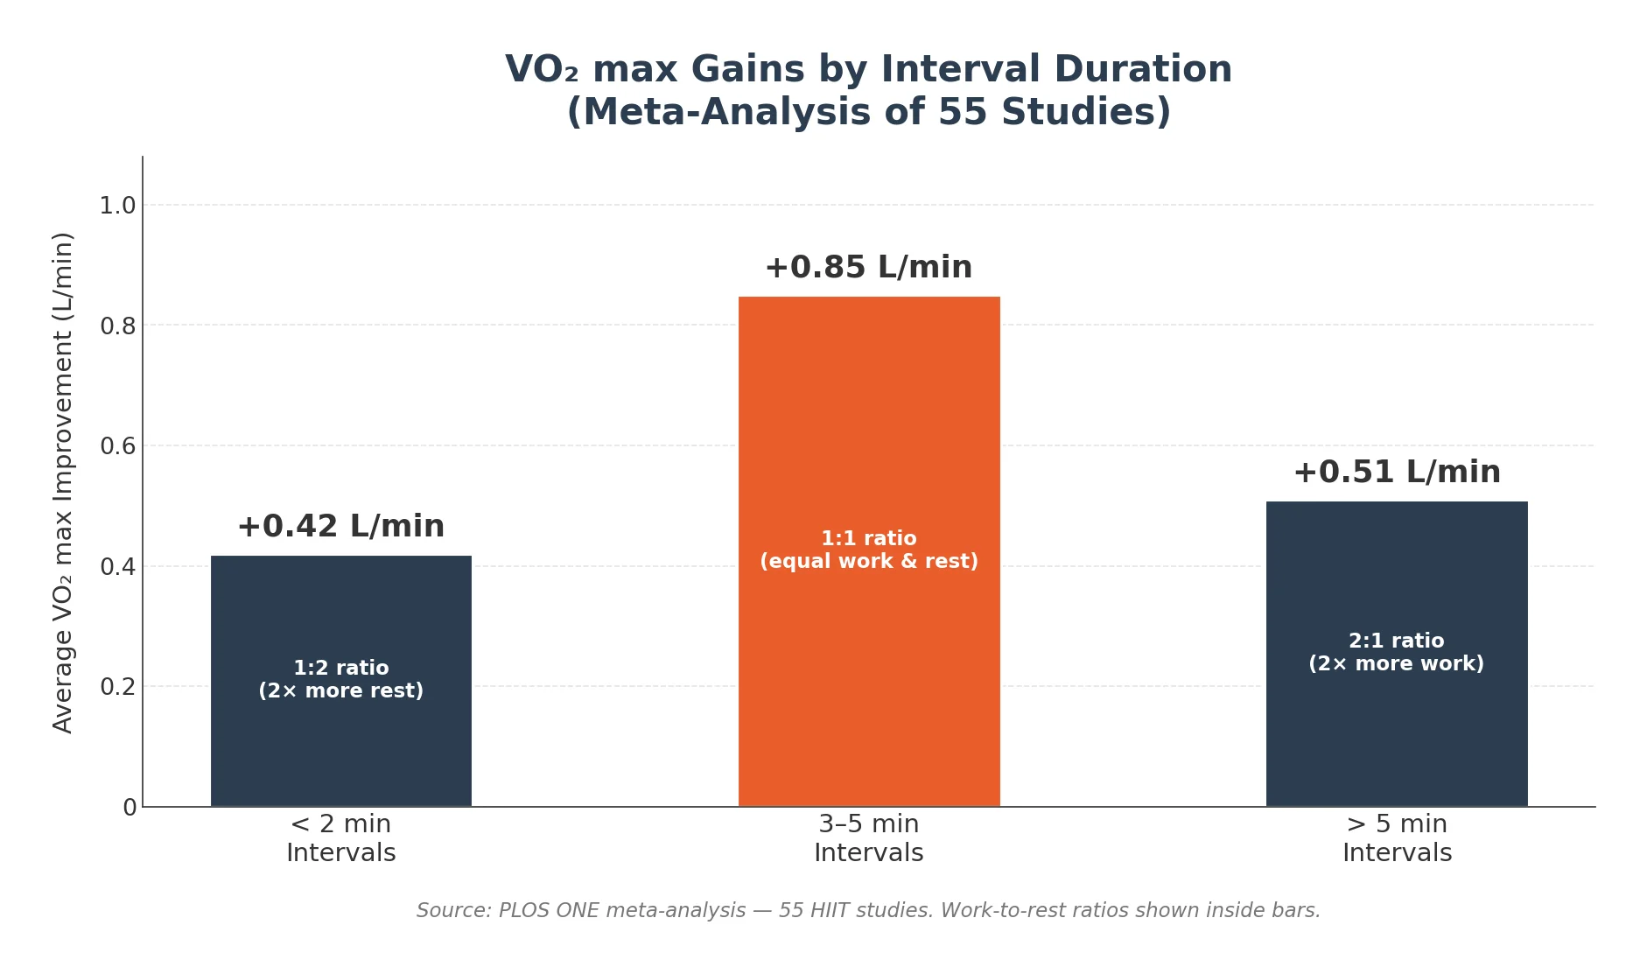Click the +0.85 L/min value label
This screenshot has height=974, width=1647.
point(868,268)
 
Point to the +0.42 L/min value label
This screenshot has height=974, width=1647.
point(340,527)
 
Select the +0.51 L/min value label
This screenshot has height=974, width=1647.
point(1396,473)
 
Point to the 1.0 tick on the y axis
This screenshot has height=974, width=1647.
point(117,206)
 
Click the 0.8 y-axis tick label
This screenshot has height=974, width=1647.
point(117,326)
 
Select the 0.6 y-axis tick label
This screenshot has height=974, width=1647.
point(117,446)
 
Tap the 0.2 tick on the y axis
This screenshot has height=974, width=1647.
point(117,687)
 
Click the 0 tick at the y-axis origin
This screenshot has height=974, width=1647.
point(130,808)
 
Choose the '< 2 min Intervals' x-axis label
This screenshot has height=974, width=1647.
point(340,838)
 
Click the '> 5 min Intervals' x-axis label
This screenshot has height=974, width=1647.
point(1396,838)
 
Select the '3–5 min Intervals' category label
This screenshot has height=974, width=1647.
point(868,838)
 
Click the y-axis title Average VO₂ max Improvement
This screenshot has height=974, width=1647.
point(63,481)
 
